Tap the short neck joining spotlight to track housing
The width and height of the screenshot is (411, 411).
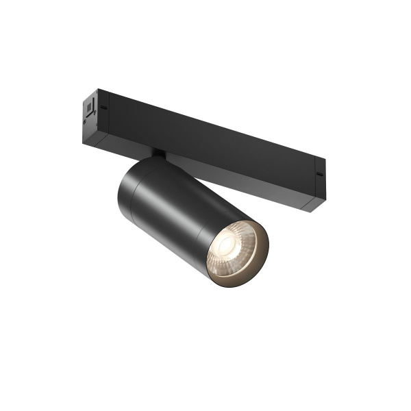158,154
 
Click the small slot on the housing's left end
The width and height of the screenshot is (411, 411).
104,108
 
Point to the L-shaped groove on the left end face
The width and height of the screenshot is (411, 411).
88,115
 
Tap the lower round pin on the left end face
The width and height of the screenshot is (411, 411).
85,121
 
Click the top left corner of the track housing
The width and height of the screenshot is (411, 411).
97,89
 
